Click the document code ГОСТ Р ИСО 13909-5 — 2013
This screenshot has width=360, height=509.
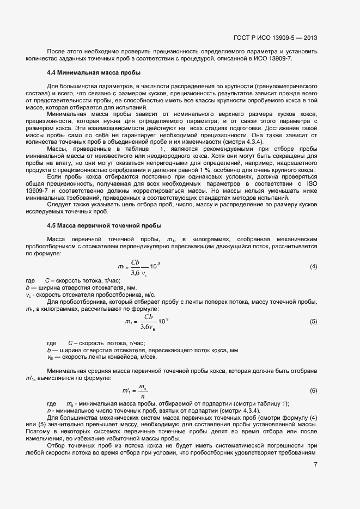click(x=275, y=38)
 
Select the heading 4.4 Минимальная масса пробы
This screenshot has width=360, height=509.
click(x=94, y=72)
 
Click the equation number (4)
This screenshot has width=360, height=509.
click(x=313, y=266)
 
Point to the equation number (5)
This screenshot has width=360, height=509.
click(x=313, y=321)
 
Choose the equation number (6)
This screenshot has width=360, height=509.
click(x=313, y=390)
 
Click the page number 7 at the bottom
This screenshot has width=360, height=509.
click(x=315, y=464)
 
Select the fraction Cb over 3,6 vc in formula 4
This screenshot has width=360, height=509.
click(x=139, y=266)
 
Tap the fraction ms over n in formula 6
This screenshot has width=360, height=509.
click(x=143, y=390)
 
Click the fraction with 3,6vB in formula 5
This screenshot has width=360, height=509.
click(x=147, y=322)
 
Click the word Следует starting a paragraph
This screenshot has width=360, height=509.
click(x=58, y=205)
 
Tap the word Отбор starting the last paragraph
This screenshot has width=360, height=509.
click(x=57, y=445)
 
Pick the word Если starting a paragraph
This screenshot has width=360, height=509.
click(x=53, y=177)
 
